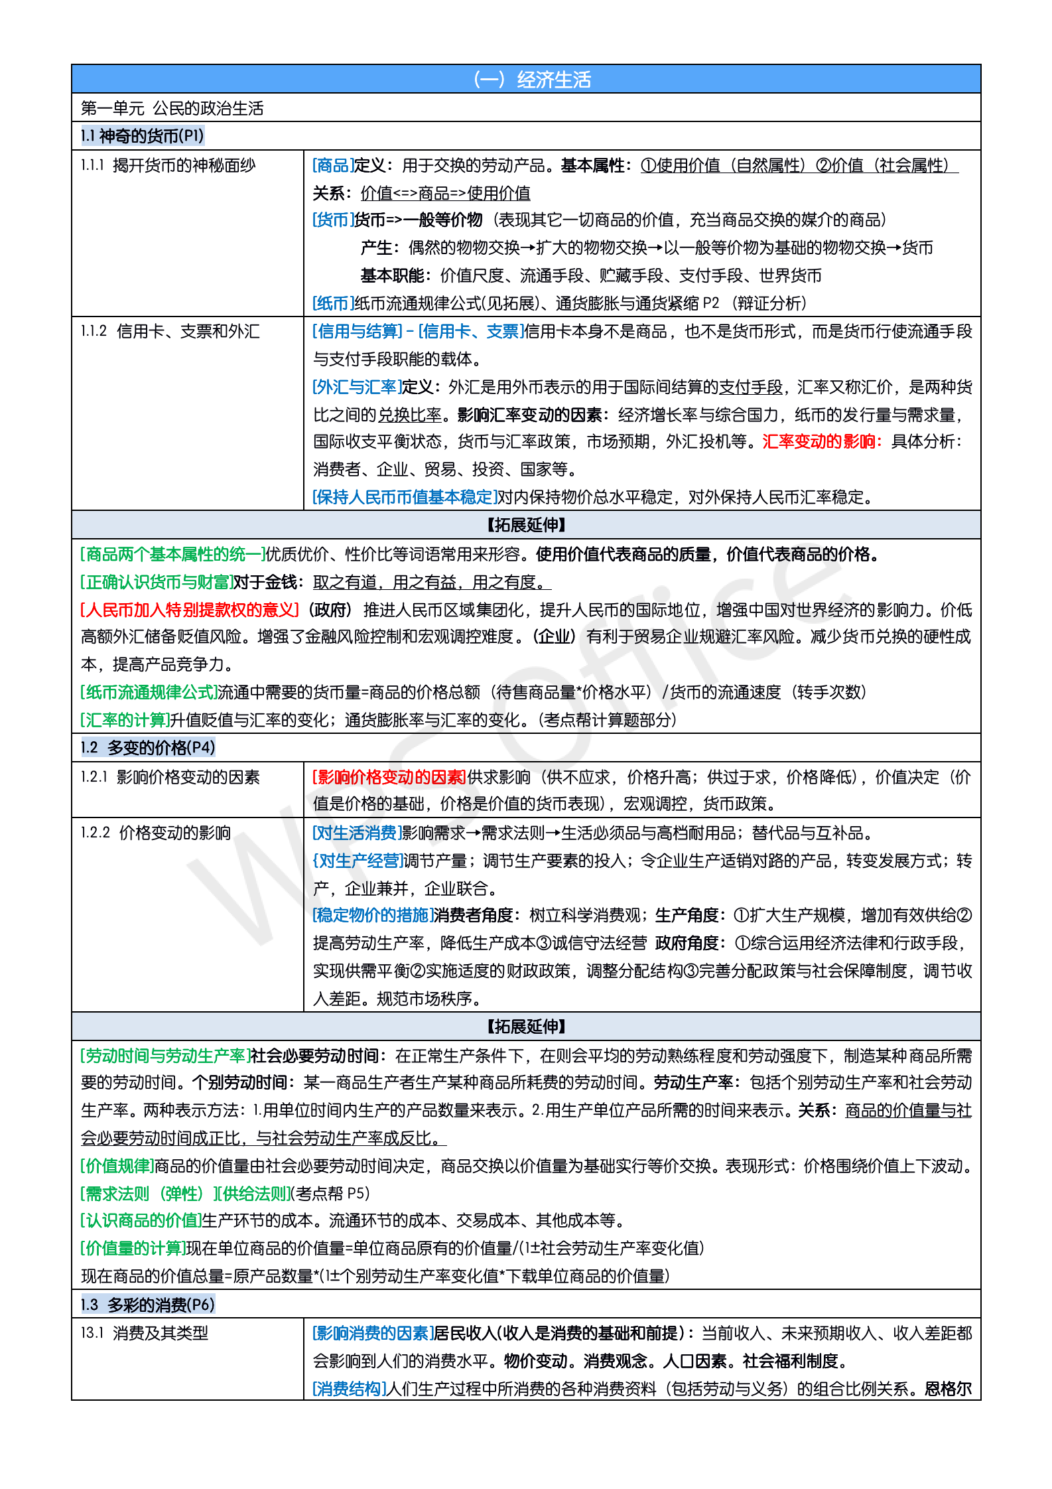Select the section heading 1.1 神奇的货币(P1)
pyautogui.click(x=142, y=136)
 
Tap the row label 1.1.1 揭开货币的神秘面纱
pyautogui.click(x=168, y=165)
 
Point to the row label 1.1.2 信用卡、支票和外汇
pyautogui.click(x=170, y=331)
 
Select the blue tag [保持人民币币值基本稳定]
pyautogui.click(x=405, y=497)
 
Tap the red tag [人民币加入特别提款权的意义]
pyautogui.click(x=190, y=610)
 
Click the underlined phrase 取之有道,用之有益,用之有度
pyautogui.click(x=431, y=583)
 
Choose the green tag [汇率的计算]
pyautogui.click(x=125, y=720)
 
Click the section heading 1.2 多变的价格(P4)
pyautogui.click(x=148, y=748)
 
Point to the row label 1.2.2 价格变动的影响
pyautogui.click(x=155, y=833)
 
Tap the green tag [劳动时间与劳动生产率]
pyautogui.click(x=164, y=1056)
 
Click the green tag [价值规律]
pyautogui.click(x=117, y=1166)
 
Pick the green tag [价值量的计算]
pyautogui.click(x=133, y=1248)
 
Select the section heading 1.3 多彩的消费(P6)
pyautogui.click(x=148, y=1305)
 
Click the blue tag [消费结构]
pyautogui.click(x=349, y=1389)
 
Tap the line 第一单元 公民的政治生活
pyautogui.click(x=172, y=108)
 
